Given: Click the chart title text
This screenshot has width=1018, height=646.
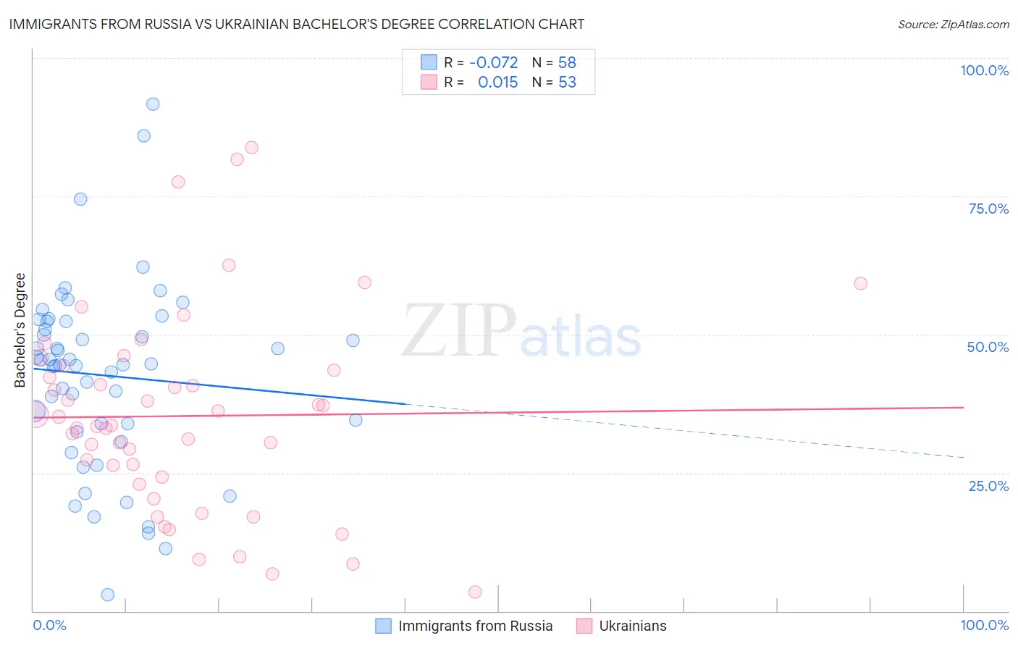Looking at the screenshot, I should [x=296, y=24].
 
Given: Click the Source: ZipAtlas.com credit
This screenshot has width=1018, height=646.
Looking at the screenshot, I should [x=953, y=24].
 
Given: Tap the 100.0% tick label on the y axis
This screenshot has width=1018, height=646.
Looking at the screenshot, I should [x=984, y=70].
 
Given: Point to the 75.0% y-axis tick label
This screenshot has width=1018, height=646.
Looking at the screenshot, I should [x=988, y=209].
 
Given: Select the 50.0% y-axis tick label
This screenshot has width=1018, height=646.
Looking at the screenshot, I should [x=988, y=347].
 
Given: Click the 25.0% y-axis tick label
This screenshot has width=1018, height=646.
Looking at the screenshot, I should [x=988, y=485].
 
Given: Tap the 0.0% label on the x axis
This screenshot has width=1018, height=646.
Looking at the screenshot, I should [x=49, y=625].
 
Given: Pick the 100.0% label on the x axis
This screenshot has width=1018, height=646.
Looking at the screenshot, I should [x=984, y=625].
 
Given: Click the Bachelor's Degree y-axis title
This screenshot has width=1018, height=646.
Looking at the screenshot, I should [x=20, y=330].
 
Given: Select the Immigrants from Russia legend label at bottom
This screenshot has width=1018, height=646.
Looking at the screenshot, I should [x=475, y=626].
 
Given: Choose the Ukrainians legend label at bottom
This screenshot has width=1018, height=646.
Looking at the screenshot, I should [x=633, y=626].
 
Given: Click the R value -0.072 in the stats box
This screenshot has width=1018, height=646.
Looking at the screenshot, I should [x=494, y=63].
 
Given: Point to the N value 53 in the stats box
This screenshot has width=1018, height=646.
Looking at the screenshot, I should [x=567, y=83].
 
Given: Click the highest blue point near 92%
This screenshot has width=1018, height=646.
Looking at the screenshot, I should [x=153, y=104].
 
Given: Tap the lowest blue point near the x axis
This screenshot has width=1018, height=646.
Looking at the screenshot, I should [x=108, y=595].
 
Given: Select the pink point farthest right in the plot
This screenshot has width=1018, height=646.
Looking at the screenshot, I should [x=860, y=283].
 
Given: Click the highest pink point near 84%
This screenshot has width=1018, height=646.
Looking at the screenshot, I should [x=251, y=148].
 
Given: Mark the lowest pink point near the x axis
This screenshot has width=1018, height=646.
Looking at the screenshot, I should [x=475, y=592].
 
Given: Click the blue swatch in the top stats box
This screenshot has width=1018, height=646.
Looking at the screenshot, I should [x=429, y=62].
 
